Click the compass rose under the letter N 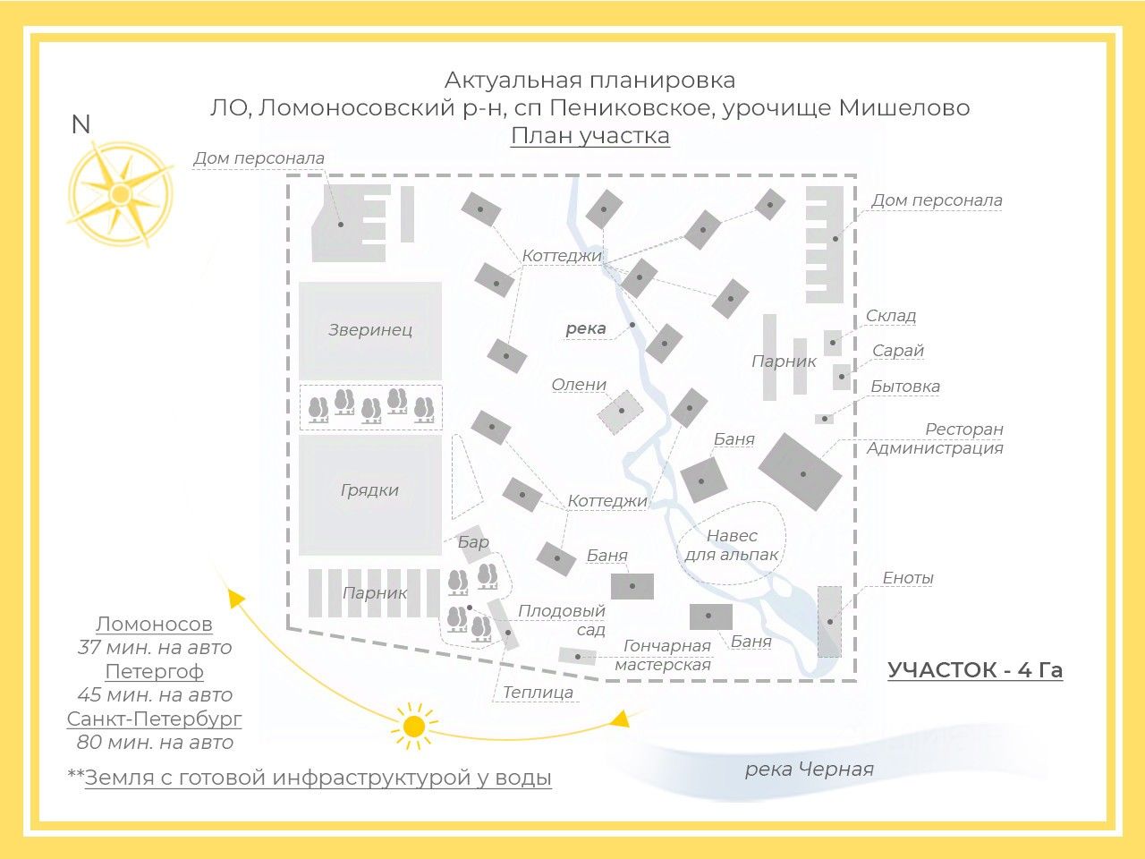(120, 194)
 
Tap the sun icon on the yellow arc (413, 726)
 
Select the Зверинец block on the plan (370, 330)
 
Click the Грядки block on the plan (369, 491)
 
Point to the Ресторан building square (801, 472)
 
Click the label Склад (890, 316)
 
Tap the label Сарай (897, 351)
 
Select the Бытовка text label (905, 387)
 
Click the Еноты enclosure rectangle (829, 621)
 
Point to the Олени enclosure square (621, 412)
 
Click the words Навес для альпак (732, 545)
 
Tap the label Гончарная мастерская (665, 655)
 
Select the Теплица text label (538, 693)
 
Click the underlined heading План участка (590, 136)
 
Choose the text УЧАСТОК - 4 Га (975, 670)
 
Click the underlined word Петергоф (154, 671)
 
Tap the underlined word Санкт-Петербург (154, 719)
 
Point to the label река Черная (809, 770)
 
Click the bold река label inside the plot (586, 328)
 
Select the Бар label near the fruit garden (473, 541)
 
